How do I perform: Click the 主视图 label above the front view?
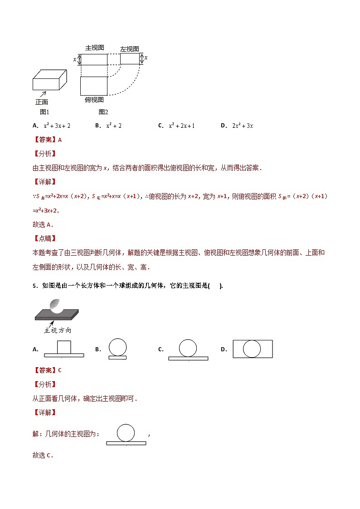click(95, 48)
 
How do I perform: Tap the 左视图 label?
click(129, 49)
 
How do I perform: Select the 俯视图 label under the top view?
click(94, 100)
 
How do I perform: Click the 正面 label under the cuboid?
click(42, 102)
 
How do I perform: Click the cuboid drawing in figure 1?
click(49, 81)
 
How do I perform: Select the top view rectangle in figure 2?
click(94, 86)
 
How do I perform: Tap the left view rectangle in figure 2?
click(130, 58)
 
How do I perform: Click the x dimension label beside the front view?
click(75, 59)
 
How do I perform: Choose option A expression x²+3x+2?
click(57, 126)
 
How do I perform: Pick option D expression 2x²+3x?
click(242, 126)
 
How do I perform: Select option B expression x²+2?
click(114, 126)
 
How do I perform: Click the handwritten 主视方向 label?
click(58, 330)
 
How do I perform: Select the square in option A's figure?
click(64, 347)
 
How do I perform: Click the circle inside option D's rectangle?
click(252, 349)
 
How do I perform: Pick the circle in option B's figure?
click(117, 347)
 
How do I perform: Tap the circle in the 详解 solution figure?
click(126, 432)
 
